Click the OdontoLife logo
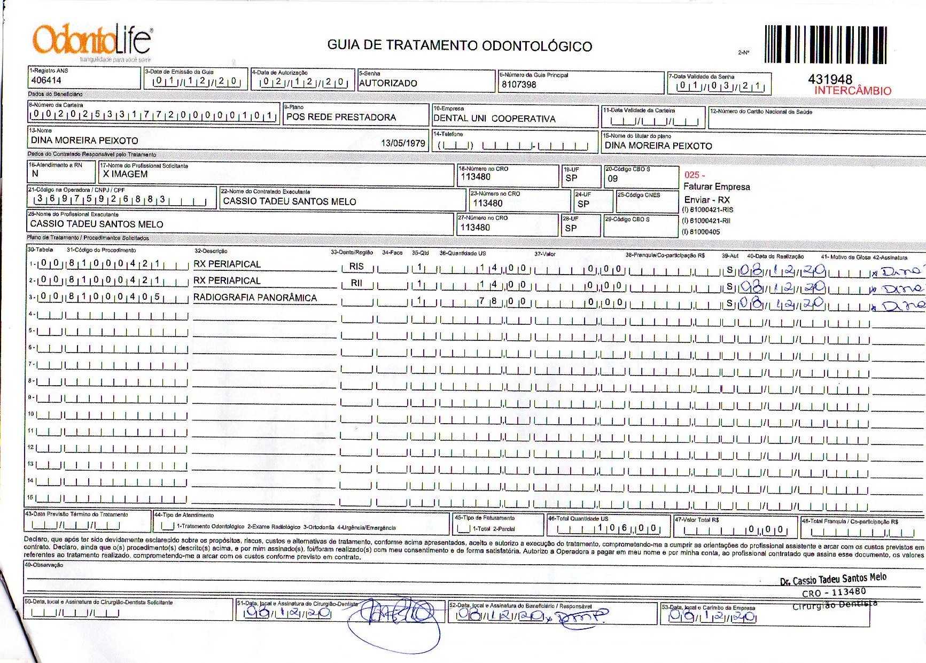point(92,40)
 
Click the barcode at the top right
point(826,45)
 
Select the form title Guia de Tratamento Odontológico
point(460,45)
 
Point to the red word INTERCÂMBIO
point(853,91)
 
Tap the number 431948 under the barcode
point(830,79)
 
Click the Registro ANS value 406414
point(46,80)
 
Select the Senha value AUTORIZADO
point(388,83)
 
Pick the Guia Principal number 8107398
point(518,84)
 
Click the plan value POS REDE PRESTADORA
point(341,117)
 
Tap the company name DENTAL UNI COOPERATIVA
point(494,119)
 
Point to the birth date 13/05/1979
point(403,143)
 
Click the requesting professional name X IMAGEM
point(125,174)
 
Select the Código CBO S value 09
point(612,178)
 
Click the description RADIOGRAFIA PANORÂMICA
point(255,298)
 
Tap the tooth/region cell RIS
point(356,266)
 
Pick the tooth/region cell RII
point(356,283)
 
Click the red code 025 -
point(694,175)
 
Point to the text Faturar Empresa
point(717,186)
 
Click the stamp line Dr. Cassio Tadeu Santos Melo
point(833,579)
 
